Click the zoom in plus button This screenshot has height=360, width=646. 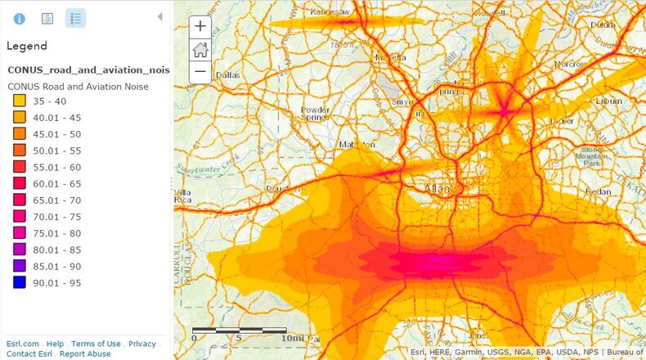(200, 26)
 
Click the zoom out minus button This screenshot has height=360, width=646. (200, 71)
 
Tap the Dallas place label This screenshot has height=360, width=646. (227, 74)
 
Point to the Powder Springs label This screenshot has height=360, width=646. (315, 114)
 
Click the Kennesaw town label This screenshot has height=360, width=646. (330, 12)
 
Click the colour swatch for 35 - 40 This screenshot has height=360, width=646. (19, 101)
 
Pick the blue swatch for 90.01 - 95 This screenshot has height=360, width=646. (19, 282)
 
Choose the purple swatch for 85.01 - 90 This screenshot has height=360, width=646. (19, 266)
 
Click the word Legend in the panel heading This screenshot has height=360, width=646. (27, 46)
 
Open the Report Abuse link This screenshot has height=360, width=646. (85, 353)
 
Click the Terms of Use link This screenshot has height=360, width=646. (96, 344)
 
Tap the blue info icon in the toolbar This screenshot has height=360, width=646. (19, 18)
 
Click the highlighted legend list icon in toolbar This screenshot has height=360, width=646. (75, 18)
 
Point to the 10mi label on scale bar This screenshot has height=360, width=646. (291, 338)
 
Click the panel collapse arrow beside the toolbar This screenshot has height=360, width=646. (159, 16)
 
